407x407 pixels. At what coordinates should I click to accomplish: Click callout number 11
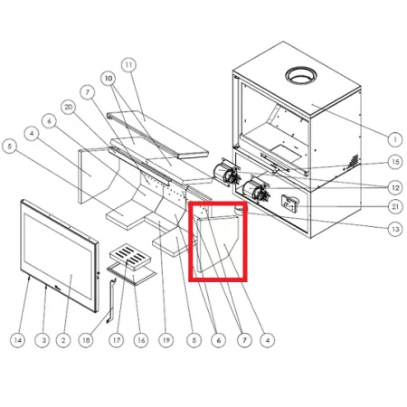tap(128, 65)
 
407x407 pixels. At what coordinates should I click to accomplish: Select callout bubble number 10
tap(109, 79)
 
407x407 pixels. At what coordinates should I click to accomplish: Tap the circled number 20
tap(69, 107)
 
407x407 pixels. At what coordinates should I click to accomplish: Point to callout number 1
tap(395, 139)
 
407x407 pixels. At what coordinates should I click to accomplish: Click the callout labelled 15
tap(395, 162)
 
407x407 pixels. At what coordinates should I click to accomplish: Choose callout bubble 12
tap(395, 187)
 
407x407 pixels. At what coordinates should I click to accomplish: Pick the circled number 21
tap(395, 206)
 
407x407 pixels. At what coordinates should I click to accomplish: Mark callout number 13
tap(395, 229)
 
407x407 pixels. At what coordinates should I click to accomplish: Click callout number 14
tap(18, 340)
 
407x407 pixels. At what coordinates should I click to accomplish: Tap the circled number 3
tap(43, 340)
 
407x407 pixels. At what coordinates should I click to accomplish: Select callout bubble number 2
tap(63, 340)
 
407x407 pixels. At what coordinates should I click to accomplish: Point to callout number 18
tap(86, 340)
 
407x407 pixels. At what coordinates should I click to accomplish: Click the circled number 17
tap(117, 340)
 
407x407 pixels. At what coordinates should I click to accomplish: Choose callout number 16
tap(141, 340)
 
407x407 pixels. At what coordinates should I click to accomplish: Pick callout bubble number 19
tap(166, 340)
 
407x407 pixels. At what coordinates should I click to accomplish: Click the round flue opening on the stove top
tap(301, 76)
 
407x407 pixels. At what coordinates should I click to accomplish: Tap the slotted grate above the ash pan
tap(130, 256)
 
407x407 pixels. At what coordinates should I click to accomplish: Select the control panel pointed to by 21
tap(289, 203)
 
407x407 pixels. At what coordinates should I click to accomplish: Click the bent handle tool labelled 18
tap(110, 301)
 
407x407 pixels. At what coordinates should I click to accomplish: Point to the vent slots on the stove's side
tap(353, 161)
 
